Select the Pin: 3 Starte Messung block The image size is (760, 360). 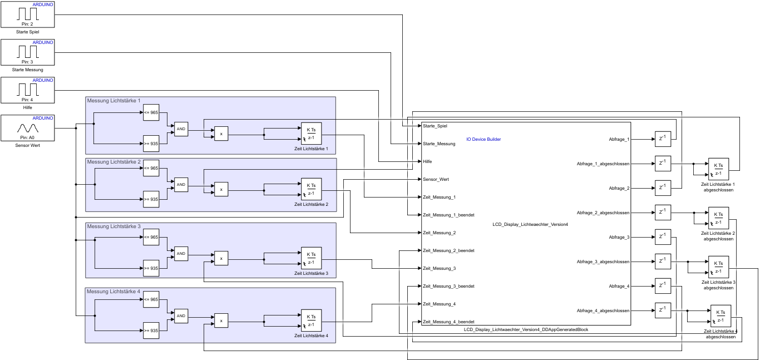coord(28,52)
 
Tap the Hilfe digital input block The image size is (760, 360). coord(28,90)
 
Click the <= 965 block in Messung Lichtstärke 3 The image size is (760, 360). coord(151,237)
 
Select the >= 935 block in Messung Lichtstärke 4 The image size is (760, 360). coord(151,331)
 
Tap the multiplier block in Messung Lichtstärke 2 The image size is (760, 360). coord(221,190)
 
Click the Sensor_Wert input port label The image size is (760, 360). coord(436,179)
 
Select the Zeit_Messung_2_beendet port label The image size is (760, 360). coord(448,250)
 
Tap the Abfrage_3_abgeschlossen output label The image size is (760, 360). coord(603,262)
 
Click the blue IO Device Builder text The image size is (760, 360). coord(483,139)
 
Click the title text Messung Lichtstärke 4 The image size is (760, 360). coord(113,291)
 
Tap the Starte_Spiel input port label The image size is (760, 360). coord(435,126)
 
